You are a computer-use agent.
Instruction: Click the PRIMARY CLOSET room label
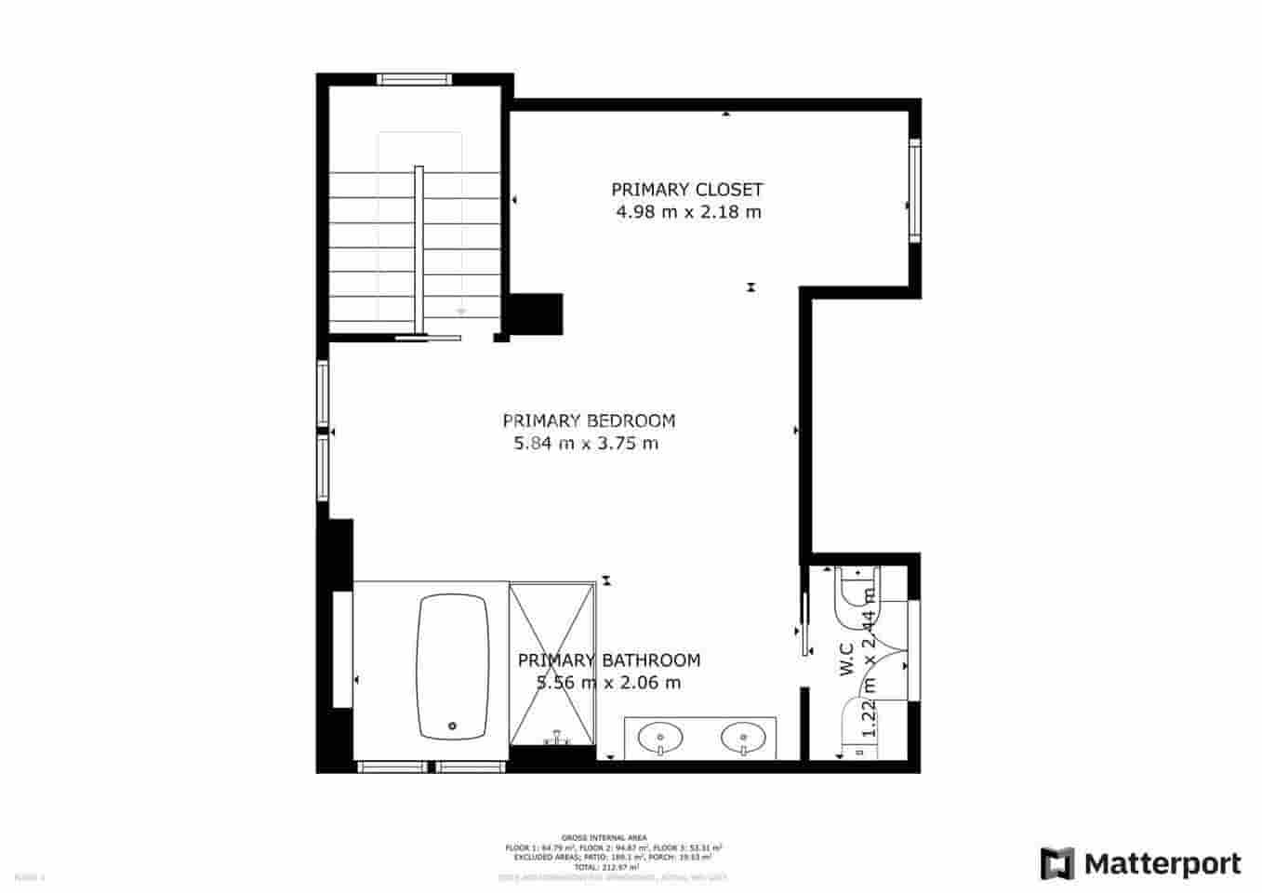point(686,190)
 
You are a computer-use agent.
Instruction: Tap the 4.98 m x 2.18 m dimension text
point(688,212)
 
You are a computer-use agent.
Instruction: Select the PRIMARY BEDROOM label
point(589,420)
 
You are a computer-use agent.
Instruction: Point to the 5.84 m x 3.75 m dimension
point(586,444)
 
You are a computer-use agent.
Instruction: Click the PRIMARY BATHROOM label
point(608,660)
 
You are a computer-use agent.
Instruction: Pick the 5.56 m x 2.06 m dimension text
point(608,683)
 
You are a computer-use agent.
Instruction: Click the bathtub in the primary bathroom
point(453,667)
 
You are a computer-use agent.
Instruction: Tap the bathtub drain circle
point(453,726)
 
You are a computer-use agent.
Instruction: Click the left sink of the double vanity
point(660,738)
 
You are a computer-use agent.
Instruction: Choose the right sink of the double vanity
point(744,738)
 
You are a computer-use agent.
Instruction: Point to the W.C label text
point(847,660)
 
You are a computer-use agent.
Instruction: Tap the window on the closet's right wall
point(915,190)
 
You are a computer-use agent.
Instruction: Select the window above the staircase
point(415,79)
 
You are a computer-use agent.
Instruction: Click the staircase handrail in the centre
point(419,249)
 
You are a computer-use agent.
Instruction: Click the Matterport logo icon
point(1056,863)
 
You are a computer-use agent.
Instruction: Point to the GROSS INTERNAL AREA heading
point(604,838)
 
